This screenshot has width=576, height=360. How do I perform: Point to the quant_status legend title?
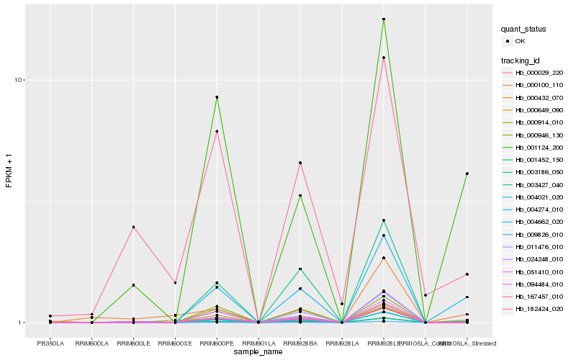pos(523,29)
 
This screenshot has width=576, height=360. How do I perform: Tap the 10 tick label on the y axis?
pos(20,80)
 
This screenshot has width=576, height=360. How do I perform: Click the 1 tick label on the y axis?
pos(22,323)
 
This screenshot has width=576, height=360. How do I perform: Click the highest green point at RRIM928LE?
pos(384,19)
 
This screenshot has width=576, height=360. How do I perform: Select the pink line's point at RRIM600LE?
pos(134,228)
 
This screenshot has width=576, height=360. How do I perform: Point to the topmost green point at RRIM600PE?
pos(217,97)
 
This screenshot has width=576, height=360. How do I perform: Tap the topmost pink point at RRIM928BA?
pos(300,163)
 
